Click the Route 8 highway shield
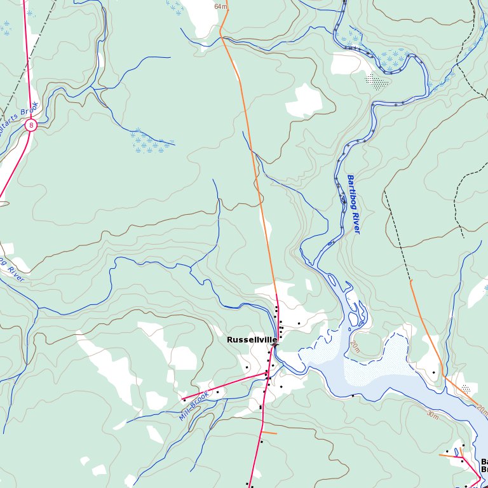pyautogui.click(x=30, y=126)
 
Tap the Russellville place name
pyautogui.click(x=252, y=340)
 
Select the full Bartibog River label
pyautogui.click(x=353, y=204)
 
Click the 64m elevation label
pyautogui.click(x=220, y=6)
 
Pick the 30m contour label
pyautogui.click(x=433, y=414)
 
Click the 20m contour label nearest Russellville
pyautogui.click(x=355, y=347)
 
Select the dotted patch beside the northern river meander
pyautogui.click(x=377, y=81)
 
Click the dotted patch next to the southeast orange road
pyautogui.click(x=467, y=388)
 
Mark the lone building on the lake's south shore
pyautogui.click(x=353, y=396)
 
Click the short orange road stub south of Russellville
pyautogui.click(x=269, y=433)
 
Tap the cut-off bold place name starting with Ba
pyautogui.click(x=484, y=465)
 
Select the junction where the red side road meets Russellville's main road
pyautogui.click(x=266, y=374)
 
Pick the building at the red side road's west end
pyautogui.click(x=184, y=400)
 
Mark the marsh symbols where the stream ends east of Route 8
pyautogui.click(x=151, y=144)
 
